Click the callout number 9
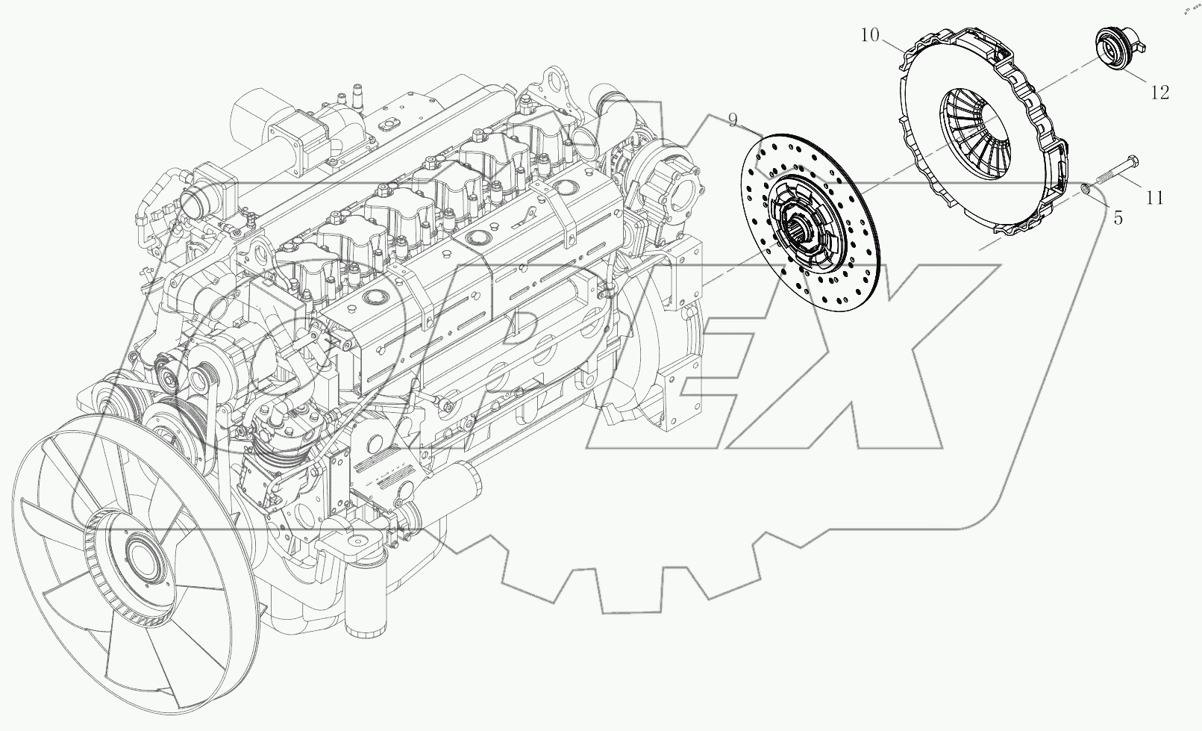click(x=733, y=119)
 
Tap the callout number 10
click(x=870, y=35)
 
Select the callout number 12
click(x=1159, y=92)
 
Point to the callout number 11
click(x=1154, y=198)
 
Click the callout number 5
click(x=1118, y=218)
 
